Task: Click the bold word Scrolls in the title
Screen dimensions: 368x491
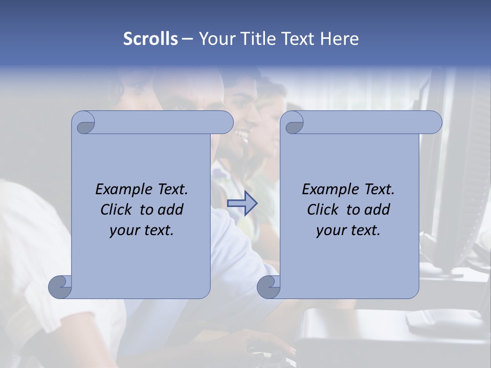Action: (150, 39)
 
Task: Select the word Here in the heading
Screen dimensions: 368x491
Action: (339, 39)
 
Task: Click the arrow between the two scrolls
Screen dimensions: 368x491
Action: (242, 203)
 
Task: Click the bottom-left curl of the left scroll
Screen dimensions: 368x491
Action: (60, 287)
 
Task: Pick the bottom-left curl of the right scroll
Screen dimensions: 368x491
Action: (269, 287)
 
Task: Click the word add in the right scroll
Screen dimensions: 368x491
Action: (377, 210)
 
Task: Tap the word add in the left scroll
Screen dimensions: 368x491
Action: (170, 210)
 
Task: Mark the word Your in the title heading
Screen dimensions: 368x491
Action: (214, 39)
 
